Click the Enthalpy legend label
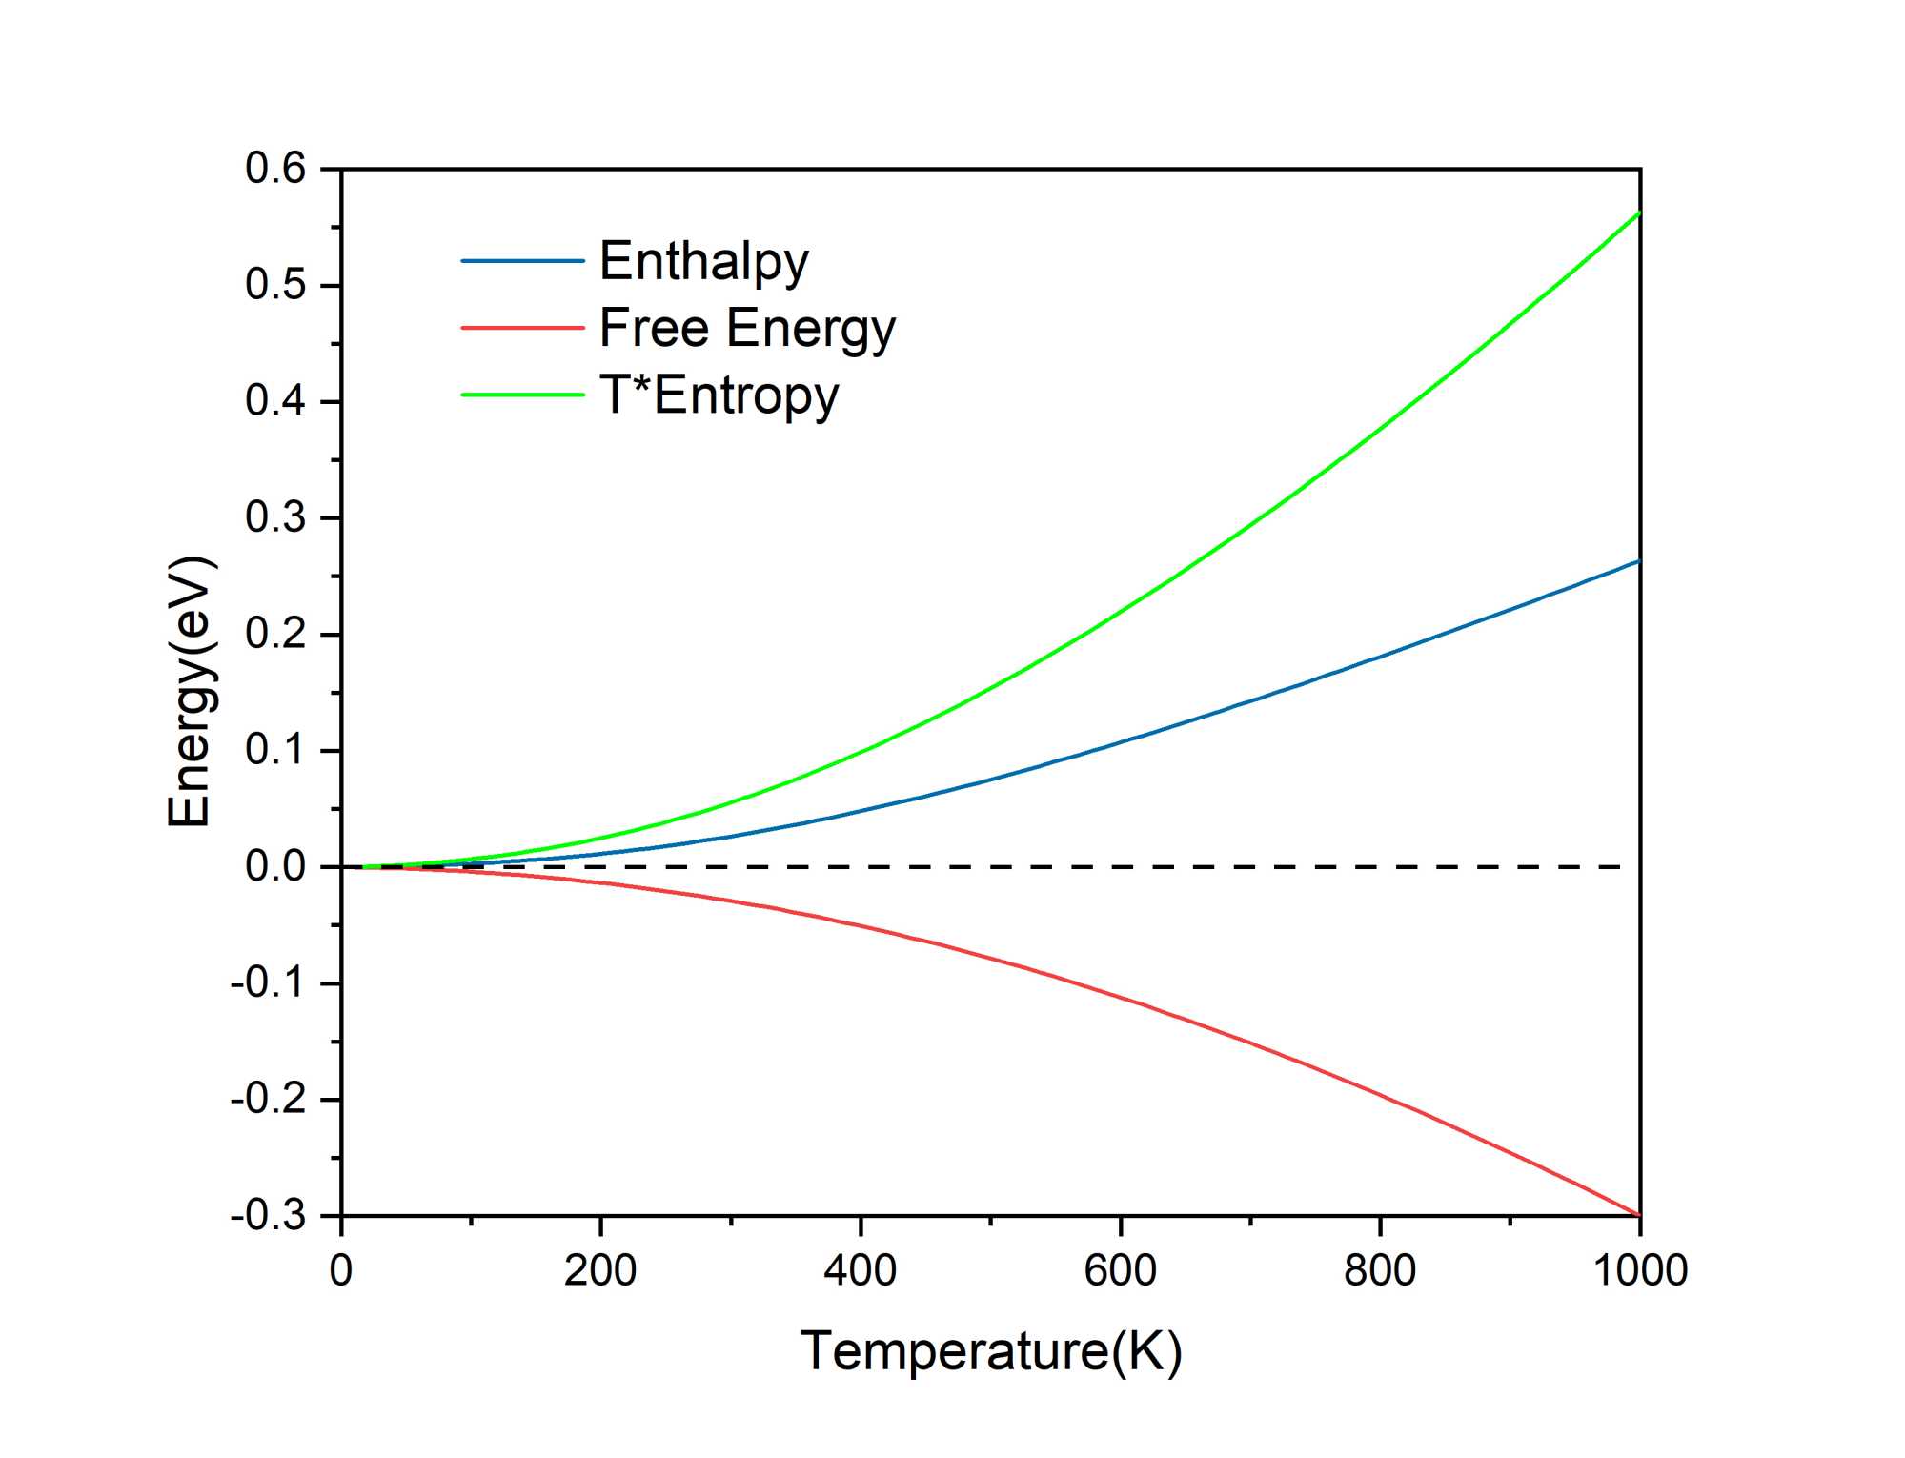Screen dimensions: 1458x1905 (703, 261)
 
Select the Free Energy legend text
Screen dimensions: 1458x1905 (747, 328)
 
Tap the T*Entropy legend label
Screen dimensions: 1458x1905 (719, 395)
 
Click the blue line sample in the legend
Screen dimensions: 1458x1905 (522, 261)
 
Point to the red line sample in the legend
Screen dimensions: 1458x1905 (522, 328)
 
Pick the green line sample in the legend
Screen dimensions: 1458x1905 (522, 395)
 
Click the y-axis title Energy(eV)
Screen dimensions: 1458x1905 (190, 691)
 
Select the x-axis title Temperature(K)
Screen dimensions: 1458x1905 (991, 1350)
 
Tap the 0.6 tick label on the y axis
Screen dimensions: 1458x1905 (275, 169)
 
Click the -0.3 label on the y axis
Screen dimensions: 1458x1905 (269, 1216)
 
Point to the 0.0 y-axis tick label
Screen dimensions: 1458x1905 (275, 867)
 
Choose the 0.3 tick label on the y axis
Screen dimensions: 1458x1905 (275, 517)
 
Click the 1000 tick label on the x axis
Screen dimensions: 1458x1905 (1639, 1270)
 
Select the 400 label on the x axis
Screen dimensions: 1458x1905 (860, 1270)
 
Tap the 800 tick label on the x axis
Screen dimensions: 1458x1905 (1379, 1270)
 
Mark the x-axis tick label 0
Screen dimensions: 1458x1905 (341, 1270)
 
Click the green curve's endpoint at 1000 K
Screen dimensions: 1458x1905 (1638, 213)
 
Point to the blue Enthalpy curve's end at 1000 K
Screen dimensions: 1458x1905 (1638, 561)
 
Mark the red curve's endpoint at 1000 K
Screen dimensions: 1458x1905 (1638, 1215)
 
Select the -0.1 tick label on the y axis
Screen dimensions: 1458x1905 (269, 982)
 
